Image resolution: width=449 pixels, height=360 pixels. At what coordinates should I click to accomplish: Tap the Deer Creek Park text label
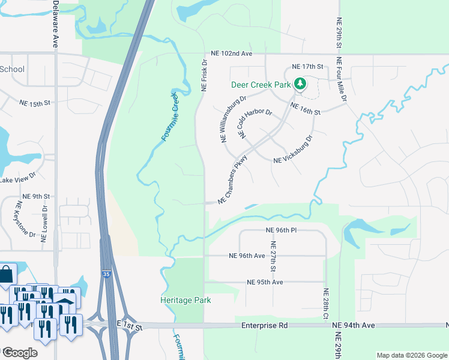point(261,85)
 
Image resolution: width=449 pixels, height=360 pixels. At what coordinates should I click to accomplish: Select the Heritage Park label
point(185,300)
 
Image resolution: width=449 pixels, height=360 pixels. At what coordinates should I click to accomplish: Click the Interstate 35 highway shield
point(105,274)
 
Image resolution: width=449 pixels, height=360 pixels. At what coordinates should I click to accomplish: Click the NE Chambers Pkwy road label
point(233,179)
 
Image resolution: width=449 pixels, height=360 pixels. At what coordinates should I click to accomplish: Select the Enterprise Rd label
point(264,325)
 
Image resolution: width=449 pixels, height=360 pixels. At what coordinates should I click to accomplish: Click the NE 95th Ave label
point(265,282)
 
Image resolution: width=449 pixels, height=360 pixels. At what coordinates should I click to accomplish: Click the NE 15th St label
point(49,104)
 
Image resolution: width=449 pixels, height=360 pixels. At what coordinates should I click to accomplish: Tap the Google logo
point(19,352)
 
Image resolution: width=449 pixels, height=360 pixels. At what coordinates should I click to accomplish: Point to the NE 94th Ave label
point(354,325)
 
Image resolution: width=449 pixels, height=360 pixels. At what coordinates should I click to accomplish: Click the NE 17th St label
point(307,66)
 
